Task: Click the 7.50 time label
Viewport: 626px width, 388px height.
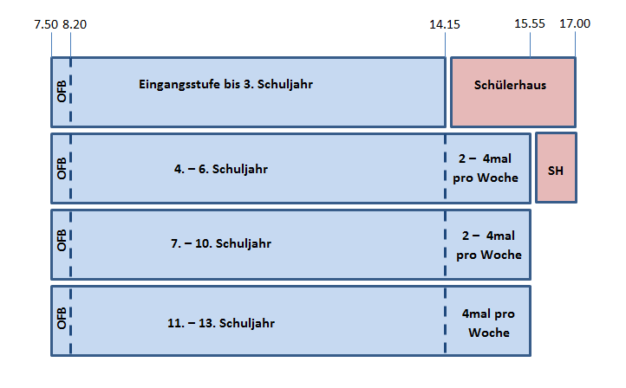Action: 46,24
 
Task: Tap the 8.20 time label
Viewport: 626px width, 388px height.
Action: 75,24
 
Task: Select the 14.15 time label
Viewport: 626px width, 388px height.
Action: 444,24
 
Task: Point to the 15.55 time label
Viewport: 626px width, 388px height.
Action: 530,23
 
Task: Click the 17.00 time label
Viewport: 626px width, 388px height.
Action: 575,23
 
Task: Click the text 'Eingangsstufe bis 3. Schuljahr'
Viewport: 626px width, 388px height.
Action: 225,85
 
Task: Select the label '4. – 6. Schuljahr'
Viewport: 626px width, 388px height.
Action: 221,169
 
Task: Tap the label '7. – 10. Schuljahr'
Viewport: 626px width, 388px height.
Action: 221,243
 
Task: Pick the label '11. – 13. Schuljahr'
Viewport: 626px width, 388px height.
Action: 221,323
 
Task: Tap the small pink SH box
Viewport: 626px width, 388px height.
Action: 556,168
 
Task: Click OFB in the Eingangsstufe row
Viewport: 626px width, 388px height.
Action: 62,91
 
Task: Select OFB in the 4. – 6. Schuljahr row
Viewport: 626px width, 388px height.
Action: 62,168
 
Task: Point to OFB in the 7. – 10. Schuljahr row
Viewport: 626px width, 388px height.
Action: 62,241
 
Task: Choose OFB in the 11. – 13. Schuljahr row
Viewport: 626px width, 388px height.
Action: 62,318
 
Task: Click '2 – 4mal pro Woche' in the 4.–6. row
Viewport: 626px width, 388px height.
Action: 486,168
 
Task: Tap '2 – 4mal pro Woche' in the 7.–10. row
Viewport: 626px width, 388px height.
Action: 489,245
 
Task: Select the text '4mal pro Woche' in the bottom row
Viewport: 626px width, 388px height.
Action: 488,323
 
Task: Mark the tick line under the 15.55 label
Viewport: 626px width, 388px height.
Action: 530,45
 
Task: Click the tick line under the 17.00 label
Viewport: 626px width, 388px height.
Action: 576,45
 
